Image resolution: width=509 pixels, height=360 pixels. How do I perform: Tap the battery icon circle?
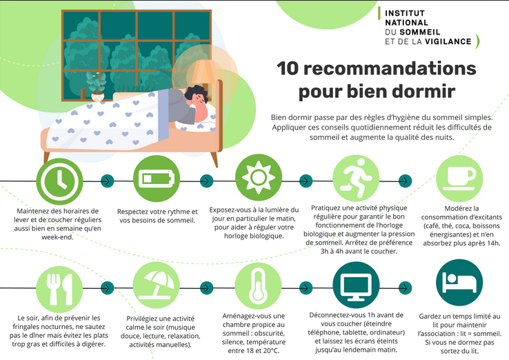click(x=157, y=179)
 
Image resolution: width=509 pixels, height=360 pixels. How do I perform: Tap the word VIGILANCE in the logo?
click(x=448, y=41)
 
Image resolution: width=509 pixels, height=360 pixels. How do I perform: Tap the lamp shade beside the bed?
click(x=203, y=72)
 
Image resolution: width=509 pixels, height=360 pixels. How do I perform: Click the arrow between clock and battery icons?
click(x=106, y=181)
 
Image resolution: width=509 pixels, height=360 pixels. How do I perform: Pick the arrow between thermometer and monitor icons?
click(x=306, y=286)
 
